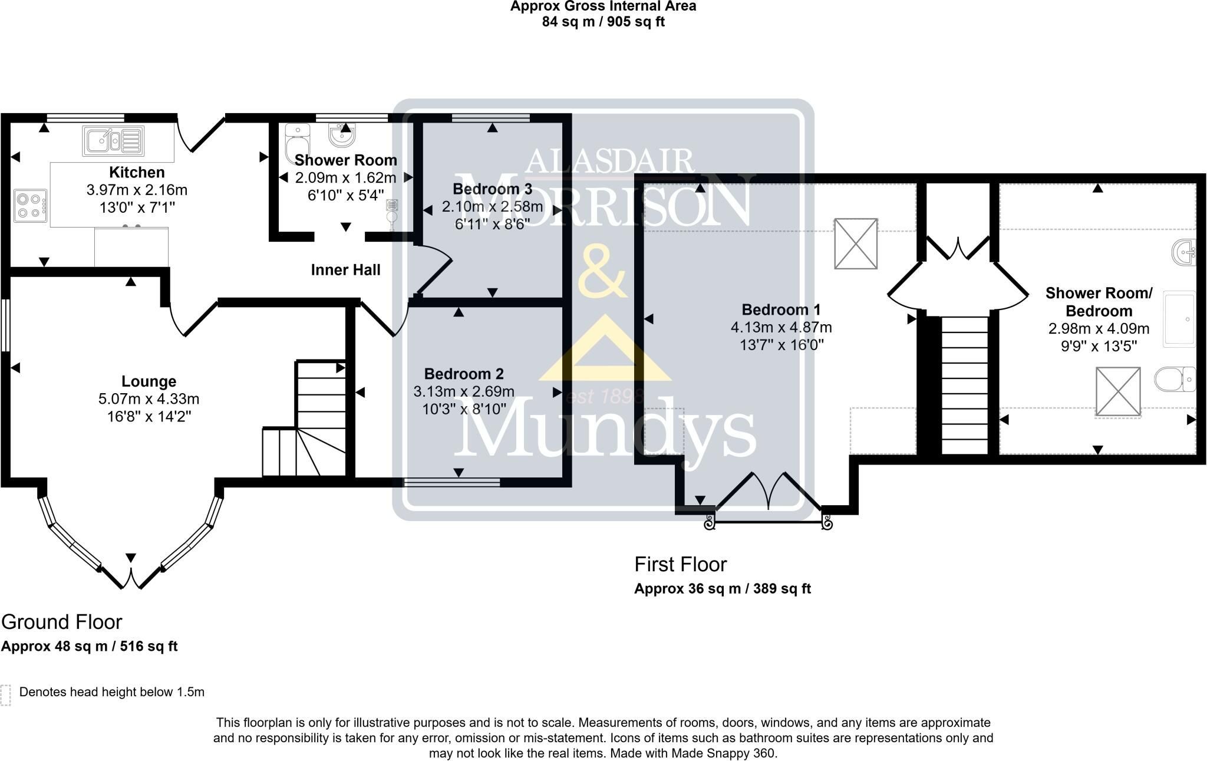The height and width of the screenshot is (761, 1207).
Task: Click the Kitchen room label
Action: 137,172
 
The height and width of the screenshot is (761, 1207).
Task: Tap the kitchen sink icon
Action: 112,141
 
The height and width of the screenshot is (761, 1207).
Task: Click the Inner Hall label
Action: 345,270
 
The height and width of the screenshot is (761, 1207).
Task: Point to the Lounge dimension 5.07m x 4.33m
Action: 149,399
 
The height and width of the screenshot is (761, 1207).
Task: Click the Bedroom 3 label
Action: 492,189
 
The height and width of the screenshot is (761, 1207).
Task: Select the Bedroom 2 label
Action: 464,374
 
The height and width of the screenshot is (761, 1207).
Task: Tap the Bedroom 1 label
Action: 781,309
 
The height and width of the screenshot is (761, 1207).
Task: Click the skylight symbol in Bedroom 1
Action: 856,243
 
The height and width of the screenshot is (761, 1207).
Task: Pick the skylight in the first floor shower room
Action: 1118,391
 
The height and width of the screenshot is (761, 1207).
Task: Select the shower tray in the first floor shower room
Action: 1179,318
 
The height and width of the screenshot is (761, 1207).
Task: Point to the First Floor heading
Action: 680,564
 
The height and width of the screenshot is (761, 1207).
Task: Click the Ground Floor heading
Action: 61,622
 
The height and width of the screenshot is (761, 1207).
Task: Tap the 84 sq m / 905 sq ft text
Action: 603,22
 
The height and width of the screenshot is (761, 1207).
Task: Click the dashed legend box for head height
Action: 6,695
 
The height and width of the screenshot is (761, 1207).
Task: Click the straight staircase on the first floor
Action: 964,386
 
